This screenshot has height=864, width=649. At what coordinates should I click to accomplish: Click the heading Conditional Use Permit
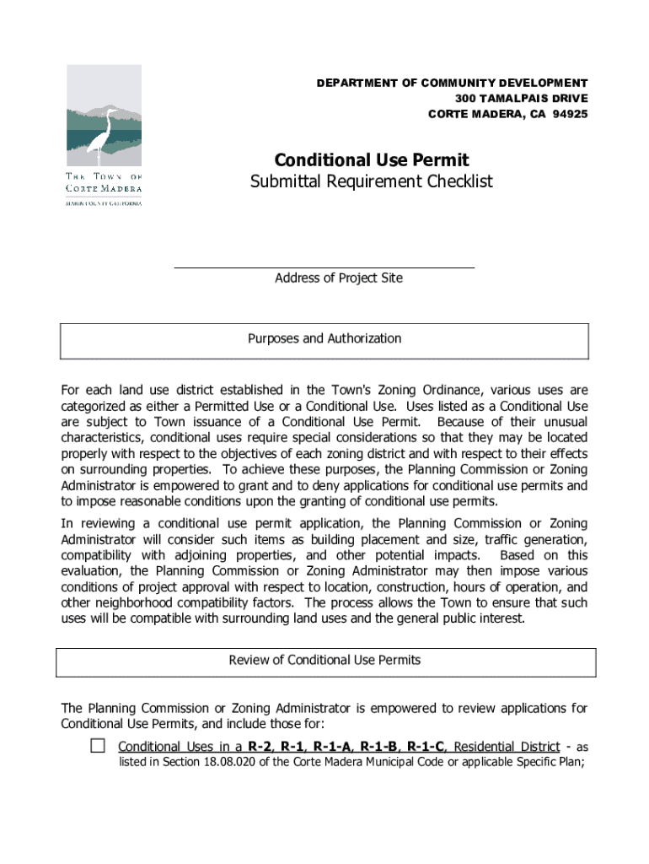click(x=371, y=159)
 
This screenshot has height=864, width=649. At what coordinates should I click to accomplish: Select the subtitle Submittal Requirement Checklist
click(x=371, y=181)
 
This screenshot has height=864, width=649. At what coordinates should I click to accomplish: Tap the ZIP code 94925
click(x=570, y=114)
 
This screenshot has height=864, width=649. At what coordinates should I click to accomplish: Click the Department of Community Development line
click(x=452, y=83)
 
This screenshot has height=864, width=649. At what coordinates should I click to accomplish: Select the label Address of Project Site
click(x=339, y=278)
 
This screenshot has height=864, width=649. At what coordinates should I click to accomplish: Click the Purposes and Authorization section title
click(x=324, y=338)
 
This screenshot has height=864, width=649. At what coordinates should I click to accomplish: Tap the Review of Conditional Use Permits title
click(x=324, y=660)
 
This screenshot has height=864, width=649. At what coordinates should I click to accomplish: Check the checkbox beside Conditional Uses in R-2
click(x=98, y=745)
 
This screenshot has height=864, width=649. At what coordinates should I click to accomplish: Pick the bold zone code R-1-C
click(x=426, y=746)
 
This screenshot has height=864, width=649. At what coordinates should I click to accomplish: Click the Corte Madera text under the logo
click(x=105, y=188)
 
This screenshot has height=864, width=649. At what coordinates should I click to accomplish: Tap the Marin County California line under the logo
click(x=105, y=203)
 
